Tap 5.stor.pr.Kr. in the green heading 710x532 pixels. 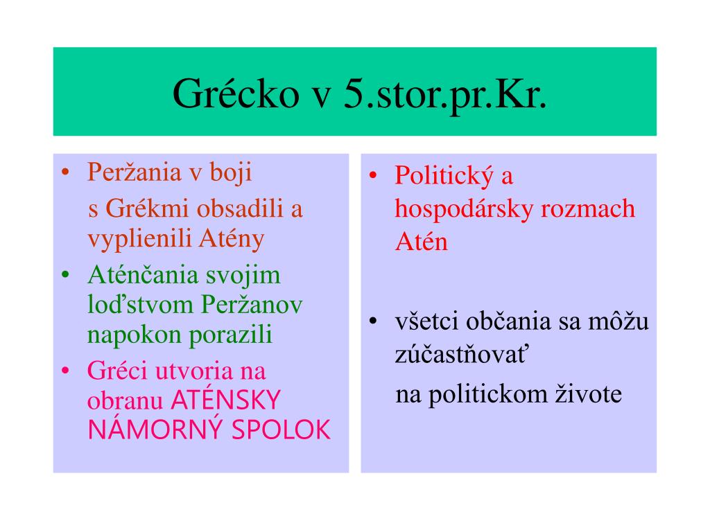coord(445,94)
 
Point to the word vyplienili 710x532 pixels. coord(140,238)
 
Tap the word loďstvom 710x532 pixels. coord(140,304)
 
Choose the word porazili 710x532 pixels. coord(230,335)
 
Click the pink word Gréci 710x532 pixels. coord(117,371)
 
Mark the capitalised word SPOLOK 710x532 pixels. coord(281,429)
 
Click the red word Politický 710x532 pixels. coord(444,175)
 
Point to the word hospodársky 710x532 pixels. coord(464,209)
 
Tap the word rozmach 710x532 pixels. coord(588,209)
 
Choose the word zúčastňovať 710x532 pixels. coord(461,354)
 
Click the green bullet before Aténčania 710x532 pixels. coord(66,274)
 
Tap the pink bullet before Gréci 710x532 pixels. coord(66,371)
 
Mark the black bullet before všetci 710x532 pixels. coord(373,321)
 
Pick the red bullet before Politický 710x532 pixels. coord(373,175)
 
